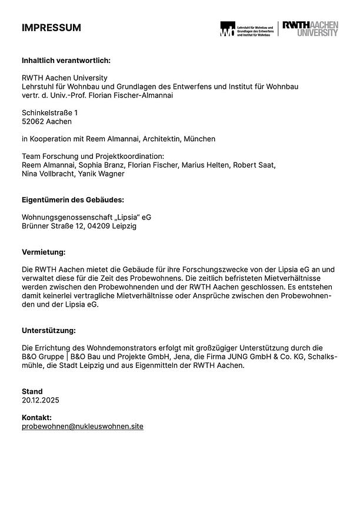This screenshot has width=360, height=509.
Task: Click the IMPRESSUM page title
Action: [51, 28]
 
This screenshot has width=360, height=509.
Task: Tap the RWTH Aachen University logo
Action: [310, 28]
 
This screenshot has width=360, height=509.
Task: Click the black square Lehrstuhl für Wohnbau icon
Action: [226, 29]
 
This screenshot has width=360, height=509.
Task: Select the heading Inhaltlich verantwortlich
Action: [66, 60]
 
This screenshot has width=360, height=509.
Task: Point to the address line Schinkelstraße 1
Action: [49, 112]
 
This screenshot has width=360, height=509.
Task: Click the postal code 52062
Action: [33, 121]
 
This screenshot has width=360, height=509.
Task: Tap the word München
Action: [199, 139]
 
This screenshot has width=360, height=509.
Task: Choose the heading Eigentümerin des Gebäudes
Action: [73, 199]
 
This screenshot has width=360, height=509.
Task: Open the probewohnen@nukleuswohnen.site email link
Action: [82, 426]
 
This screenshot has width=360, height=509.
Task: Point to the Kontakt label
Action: [37, 417]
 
